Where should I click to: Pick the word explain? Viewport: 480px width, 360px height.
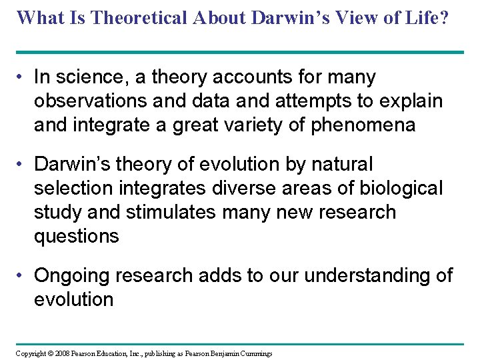click(x=407, y=101)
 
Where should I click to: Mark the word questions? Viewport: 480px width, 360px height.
click(x=76, y=236)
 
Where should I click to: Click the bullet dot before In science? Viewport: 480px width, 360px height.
click(x=22, y=78)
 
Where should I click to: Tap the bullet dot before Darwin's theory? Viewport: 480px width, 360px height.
click(x=22, y=165)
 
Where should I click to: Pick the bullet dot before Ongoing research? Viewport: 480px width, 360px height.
click(x=22, y=276)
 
